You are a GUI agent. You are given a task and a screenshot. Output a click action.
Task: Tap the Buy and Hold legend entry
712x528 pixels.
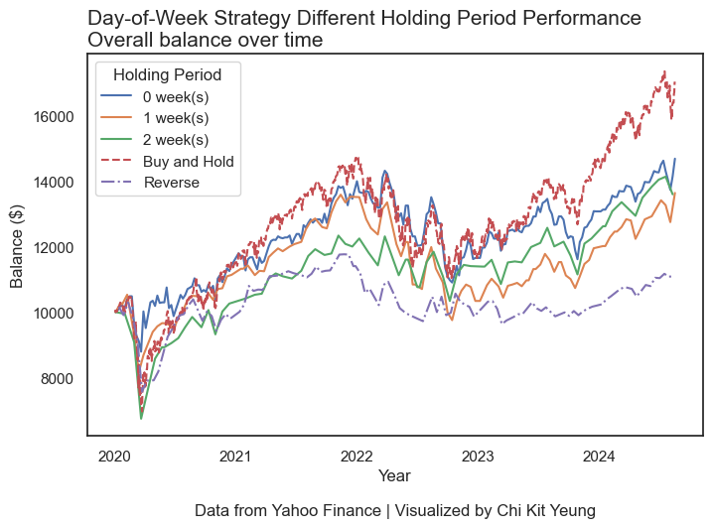pyautogui.click(x=186, y=161)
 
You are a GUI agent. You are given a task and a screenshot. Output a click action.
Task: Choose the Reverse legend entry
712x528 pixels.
pyautogui.click(x=171, y=183)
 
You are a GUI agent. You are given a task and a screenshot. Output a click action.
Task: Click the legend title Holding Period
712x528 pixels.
pyautogui.click(x=167, y=74)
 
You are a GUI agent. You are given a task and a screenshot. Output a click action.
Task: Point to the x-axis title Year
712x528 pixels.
pyautogui.click(x=394, y=476)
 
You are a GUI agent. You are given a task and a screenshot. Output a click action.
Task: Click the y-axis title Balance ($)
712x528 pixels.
pyautogui.click(x=18, y=244)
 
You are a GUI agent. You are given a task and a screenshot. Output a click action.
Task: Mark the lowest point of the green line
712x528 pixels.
pyautogui.click(x=141, y=419)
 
